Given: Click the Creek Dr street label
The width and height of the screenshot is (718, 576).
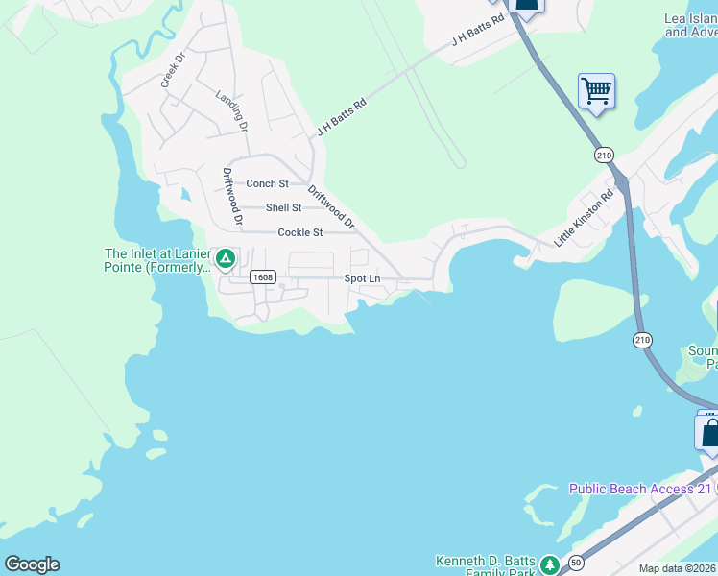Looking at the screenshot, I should pyautogui.click(x=173, y=69).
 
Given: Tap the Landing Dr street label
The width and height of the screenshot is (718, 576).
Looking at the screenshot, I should pyautogui.click(x=232, y=111).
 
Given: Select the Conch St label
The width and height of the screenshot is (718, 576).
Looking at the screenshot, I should pyautogui.click(x=267, y=183).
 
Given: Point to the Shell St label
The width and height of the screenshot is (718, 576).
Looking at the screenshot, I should pyautogui.click(x=283, y=207).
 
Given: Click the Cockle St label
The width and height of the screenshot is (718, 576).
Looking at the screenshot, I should pyautogui.click(x=299, y=232).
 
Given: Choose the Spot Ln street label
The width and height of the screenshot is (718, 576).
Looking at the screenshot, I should pyautogui.click(x=363, y=278).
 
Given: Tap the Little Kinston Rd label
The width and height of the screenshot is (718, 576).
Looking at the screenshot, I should pyautogui.click(x=583, y=220).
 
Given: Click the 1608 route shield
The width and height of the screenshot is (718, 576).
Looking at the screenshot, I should pyautogui.click(x=263, y=277).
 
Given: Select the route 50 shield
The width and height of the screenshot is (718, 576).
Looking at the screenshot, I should pyautogui.click(x=575, y=561).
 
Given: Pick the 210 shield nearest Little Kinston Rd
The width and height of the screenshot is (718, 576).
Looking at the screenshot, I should pyautogui.click(x=604, y=155).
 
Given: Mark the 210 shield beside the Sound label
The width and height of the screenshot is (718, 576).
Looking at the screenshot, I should pyautogui.click(x=642, y=339).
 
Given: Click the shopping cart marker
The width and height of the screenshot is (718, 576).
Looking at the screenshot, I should pyautogui.click(x=596, y=92).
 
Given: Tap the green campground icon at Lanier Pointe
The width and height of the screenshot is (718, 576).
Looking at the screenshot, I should pyautogui.click(x=226, y=257).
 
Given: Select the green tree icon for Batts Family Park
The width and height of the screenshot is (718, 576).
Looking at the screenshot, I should pyautogui.click(x=549, y=565).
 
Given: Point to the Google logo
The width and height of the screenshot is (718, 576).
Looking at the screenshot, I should pyautogui.click(x=32, y=564).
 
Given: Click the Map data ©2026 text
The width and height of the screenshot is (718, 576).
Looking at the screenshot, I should pyautogui.click(x=678, y=568).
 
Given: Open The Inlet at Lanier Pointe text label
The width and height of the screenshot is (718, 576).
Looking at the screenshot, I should pyautogui.click(x=157, y=261).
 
